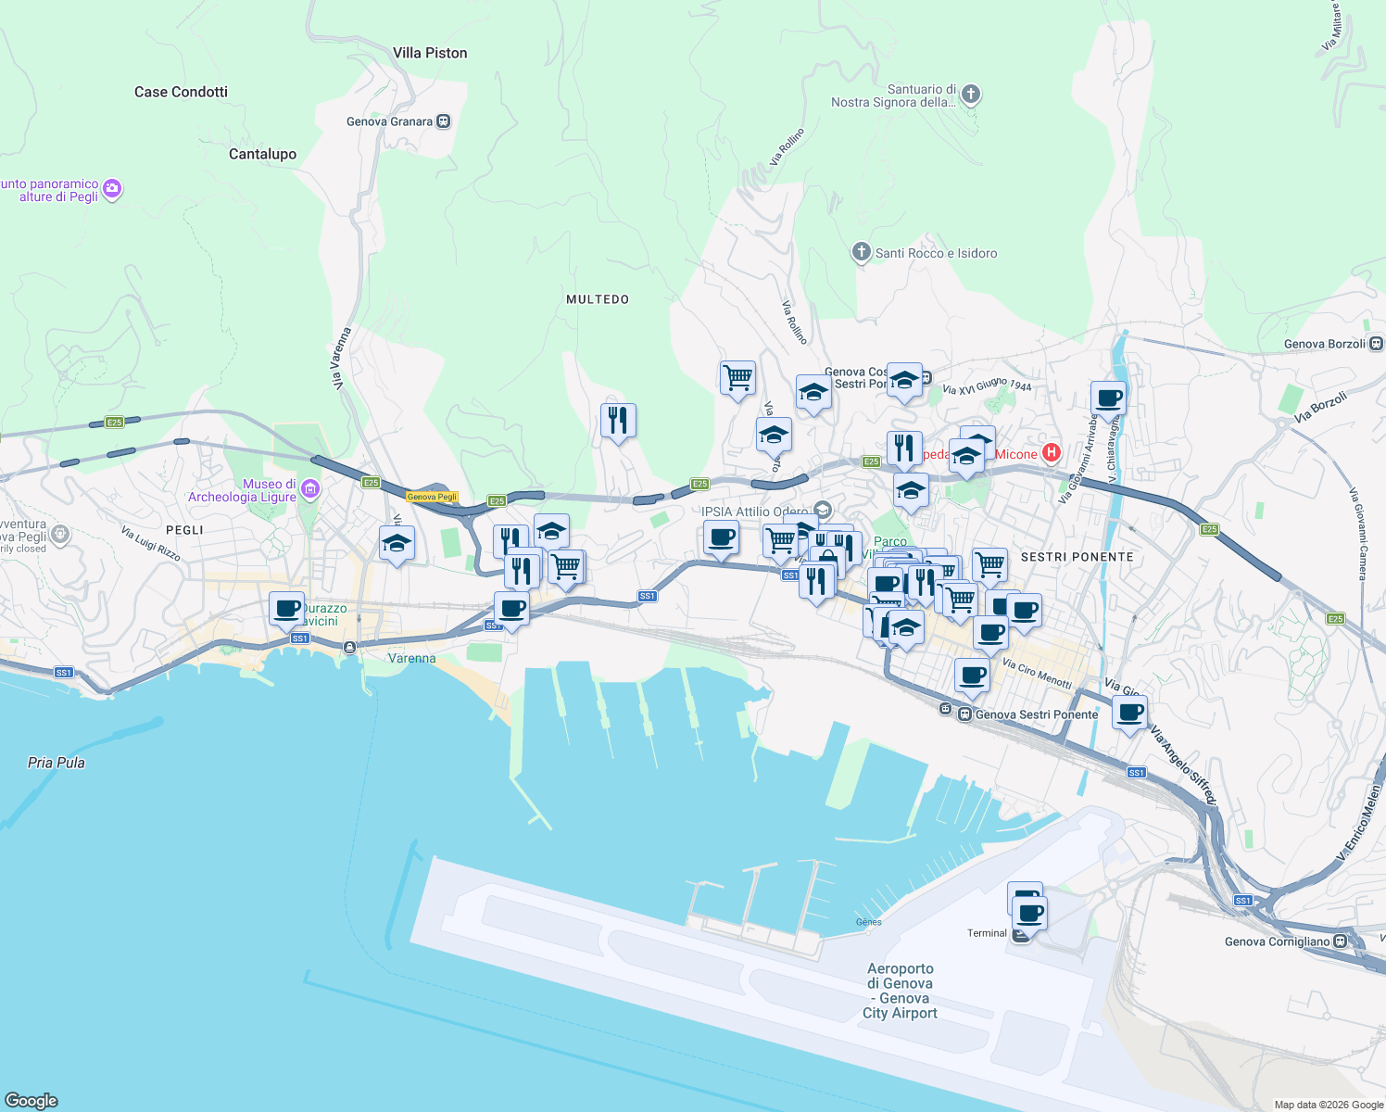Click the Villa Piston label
click(x=430, y=53)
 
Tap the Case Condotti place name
click(x=181, y=92)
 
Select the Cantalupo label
click(x=262, y=154)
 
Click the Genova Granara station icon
click(x=444, y=121)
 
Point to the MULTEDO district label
click(x=598, y=299)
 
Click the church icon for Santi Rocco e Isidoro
click(x=861, y=252)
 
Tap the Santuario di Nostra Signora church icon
click(x=970, y=94)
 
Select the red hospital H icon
click(x=1051, y=453)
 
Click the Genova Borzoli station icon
click(x=1377, y=344)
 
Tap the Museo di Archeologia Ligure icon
click(x=310, y=489)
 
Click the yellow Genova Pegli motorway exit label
click(x=433, y=497)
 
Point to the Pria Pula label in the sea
click(x=57, y=763)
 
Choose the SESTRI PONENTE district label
click(x=1077, y=557)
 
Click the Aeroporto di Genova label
click(x=900, y=991)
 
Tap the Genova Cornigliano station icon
click(x=1340, y=941)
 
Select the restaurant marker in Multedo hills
click(x=618, y=420)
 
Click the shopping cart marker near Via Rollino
click(x=737, y=377)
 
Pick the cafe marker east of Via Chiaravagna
click(x=1108, y=398)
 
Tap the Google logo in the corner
click(x=31, y=1100)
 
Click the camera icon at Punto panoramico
click(x=112, y=189)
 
